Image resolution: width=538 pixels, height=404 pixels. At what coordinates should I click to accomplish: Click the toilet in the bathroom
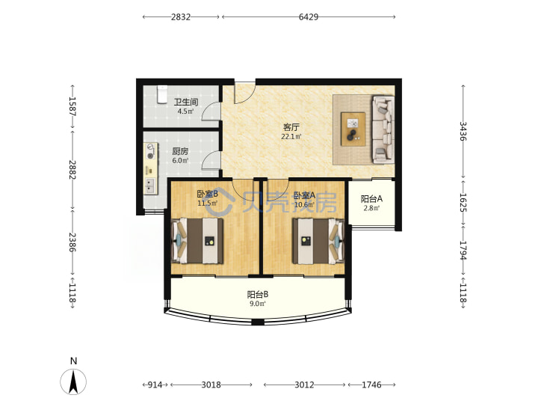coord(162,94)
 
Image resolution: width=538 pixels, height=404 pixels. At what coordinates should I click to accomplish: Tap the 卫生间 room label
coord(186,102)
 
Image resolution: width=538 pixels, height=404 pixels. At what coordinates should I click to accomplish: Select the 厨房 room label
coord(180,151)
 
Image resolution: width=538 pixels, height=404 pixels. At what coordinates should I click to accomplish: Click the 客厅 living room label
coord(291,127)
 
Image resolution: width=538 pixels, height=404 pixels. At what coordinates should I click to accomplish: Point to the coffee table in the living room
coord(353,129)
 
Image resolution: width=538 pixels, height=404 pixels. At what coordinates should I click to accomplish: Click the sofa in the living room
coord(383,129)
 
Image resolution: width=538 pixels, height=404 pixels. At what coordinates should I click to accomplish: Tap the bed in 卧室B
coord(197,241)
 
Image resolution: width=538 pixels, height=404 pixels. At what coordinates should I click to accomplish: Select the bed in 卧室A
coord(318,241)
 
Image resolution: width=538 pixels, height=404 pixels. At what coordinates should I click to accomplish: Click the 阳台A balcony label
coord(371,198)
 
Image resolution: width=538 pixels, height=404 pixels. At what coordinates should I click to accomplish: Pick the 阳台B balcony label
coord(258,295)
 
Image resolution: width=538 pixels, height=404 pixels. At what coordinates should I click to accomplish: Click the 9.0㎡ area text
coord(258,304)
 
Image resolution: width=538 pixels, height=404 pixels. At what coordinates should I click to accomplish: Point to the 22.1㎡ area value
coord(291,136)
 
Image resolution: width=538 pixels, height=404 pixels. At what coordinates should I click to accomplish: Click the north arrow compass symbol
coord(73,382)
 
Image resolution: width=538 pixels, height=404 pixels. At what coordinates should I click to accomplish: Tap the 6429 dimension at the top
coord(309,16)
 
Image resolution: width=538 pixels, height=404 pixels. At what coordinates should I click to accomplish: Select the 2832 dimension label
coord(181,16)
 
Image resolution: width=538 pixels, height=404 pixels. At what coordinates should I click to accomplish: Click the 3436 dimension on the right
coord(463,131)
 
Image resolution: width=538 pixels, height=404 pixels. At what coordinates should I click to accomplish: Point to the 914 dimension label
coord(155,385)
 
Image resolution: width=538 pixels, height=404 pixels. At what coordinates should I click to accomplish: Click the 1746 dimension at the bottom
coord(371,385)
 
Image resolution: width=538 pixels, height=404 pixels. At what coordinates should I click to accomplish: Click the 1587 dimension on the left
coord(72,106)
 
